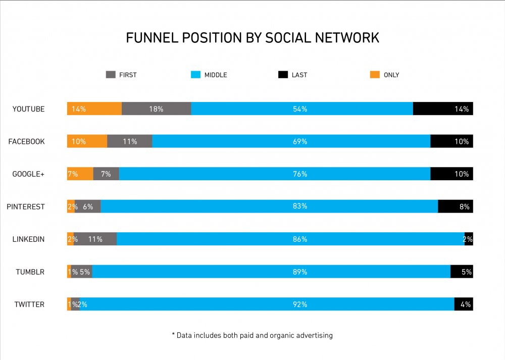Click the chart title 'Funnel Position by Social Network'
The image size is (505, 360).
click(x=252, y=38)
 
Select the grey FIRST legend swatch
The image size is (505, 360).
click(x=111, y=75)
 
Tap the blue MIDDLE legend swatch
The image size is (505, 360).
click(x=195, y=75)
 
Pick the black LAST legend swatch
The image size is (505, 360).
click(x=283, y=75)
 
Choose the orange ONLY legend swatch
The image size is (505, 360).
click(x=375, y=75)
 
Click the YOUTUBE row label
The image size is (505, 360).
click(x=28, y=109)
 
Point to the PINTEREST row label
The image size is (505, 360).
click(x=26, y=207)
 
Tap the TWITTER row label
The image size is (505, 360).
click(x=29, y=304)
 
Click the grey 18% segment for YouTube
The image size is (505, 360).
click(x=156, y=109)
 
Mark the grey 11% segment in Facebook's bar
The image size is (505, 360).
click(x=130, y=141)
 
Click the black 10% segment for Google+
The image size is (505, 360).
click(x=451, y=174)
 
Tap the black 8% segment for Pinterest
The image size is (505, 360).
click(x=455, y=207)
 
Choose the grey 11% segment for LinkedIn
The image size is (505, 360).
click(x=95, y=239)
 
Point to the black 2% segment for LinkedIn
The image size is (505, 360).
click(x=469, y=239)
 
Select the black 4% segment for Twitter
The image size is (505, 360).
click(x=464, y=304)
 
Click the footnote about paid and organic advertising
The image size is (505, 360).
click(x=252, y=335)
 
